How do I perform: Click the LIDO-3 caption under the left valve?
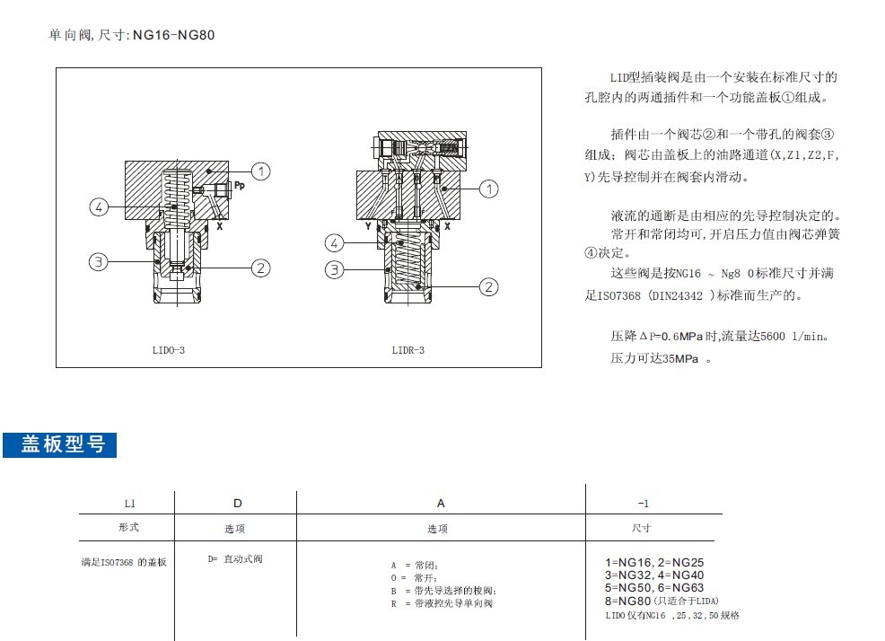click(x=168, y=350)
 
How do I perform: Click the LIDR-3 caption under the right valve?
click(x=408, y=350)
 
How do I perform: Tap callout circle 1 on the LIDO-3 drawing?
click(x=261, y=171)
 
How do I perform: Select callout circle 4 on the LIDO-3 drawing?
click(x=100, y=206)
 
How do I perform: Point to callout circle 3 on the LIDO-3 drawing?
click(x=98, y=262)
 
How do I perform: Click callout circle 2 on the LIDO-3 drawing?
click(x=261, y=268)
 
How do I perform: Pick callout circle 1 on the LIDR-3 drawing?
click(x=489, y=189)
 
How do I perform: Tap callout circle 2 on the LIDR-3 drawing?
click(x=489, y=287)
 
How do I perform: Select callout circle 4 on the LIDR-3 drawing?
click(x=334, y=243)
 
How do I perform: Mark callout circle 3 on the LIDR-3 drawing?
click(x=334, y=269)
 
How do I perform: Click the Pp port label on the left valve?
click(x=240, y=185)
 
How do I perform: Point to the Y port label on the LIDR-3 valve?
click(x=368, y=226)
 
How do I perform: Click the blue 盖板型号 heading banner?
click(x=60, y=445)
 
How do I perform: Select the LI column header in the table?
click(x=130, y=504)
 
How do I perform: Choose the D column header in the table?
click(x=238, y=504)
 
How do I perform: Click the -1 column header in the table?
click(x=644, y=504)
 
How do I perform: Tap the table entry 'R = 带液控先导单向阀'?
click(x=442, y=603)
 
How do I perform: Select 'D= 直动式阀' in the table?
click(x=235, y=559)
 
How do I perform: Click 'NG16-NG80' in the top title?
click(x=174, y=35)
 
